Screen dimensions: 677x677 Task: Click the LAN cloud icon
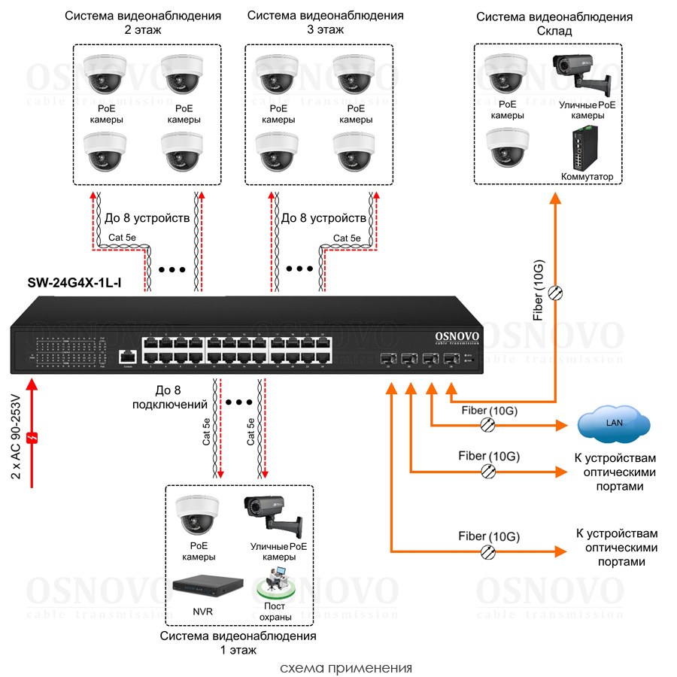[x=614, y=424]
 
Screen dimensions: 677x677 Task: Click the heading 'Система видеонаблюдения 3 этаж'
[x=325, y=23]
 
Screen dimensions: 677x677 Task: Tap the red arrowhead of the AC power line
[x=32, y=385]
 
